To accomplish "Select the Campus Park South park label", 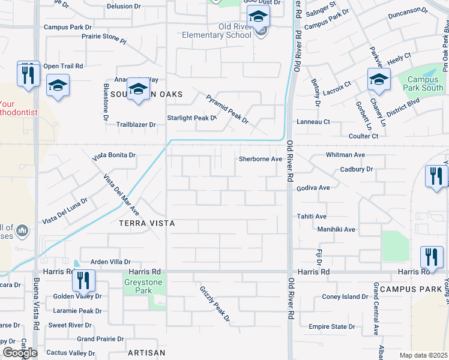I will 425,83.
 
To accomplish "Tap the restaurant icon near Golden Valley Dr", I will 83,281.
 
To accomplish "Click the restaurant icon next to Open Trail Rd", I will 28,74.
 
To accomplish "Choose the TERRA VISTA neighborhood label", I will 147,223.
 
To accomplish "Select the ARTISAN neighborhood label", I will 146,353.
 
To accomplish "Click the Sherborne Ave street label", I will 260,159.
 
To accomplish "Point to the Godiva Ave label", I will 313,188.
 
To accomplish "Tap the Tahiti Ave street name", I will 312,216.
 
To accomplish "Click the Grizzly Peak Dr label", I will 215,304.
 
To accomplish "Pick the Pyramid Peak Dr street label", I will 227,109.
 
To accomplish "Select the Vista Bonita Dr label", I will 114,155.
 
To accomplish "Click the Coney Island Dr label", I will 345,296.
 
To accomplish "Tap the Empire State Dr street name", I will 337,326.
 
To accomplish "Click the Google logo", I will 20,353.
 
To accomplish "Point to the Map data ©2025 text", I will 423,355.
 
